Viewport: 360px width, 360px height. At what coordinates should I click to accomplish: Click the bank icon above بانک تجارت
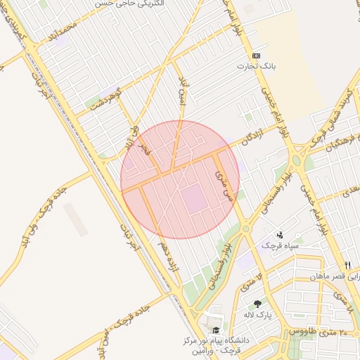[x=256, y=56]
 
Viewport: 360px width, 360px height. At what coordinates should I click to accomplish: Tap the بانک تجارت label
[x=256, y=67]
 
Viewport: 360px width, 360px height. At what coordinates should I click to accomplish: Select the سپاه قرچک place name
[x=280, y=245]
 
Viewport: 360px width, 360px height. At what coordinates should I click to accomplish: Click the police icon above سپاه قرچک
[x=280, y=235]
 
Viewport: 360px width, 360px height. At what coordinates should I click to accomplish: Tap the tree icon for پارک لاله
[x=258, y=304]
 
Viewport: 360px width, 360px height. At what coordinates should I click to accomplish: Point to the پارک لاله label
[x=258, y=314]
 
